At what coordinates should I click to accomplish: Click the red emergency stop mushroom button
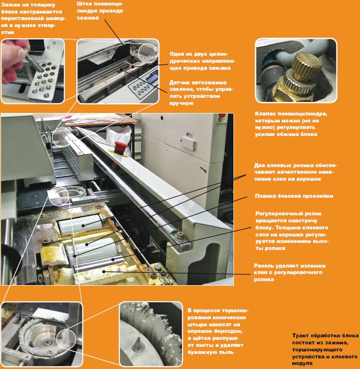tap(121, 148)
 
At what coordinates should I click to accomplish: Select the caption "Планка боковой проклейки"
tap(294, 196)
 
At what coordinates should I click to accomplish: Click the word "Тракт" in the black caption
tap(300, 335)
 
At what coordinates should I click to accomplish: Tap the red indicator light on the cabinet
tap(222, 115)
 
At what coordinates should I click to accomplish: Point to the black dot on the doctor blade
tap(104, 272)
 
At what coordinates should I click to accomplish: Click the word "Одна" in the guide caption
tap(177, 54)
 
